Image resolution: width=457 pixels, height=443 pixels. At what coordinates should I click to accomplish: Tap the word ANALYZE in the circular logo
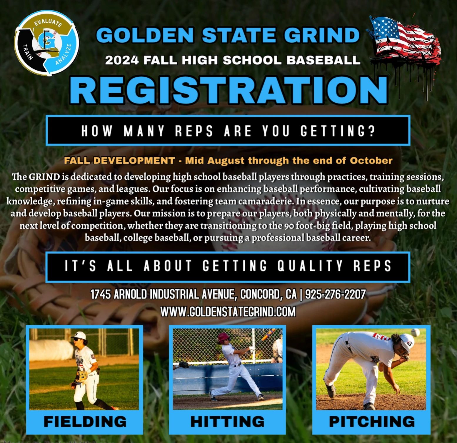[64, 54]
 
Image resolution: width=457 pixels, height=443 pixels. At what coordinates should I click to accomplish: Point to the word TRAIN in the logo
[28, 52]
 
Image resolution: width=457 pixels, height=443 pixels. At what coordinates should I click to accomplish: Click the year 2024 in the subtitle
[122, 60]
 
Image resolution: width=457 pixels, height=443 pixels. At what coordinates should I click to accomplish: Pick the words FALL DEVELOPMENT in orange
[119, 161]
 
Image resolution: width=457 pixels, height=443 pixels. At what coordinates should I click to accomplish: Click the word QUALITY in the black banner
[310, 266]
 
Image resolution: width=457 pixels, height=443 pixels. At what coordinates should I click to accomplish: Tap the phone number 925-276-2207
[335, 294]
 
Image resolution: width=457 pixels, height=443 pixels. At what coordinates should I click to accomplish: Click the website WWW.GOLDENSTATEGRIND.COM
[228, 312]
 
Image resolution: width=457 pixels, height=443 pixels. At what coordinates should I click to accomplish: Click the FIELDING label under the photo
[85, 422]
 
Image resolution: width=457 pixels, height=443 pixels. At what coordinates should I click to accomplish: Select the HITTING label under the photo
[227, 422]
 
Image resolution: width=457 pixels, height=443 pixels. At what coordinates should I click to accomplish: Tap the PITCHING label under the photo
[372, 422]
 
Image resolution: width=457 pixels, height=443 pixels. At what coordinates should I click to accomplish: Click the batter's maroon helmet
[223, 337]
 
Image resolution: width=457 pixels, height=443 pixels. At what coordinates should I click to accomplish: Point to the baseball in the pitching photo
[415, 332]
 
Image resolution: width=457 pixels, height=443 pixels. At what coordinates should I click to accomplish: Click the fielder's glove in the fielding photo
[82, 376]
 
